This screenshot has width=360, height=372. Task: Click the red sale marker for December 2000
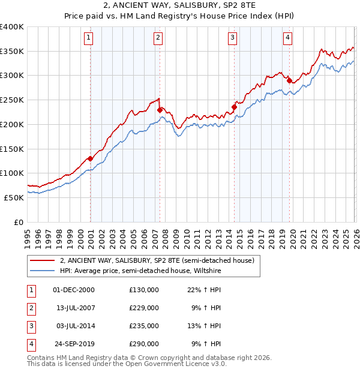pyautogui.click(x=91, y=158)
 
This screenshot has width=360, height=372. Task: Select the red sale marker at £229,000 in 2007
pyautogui.click(x=160, y=110)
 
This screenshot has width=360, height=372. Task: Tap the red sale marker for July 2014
pyautogui.click(x=234, y=107)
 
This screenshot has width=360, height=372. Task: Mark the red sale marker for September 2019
pyautogui.click(x=289, y=80)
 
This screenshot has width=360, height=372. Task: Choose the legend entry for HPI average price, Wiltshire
pyautogui.click(x=141, y=271)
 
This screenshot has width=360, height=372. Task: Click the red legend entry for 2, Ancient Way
pyautogui.click(x=157, y=260)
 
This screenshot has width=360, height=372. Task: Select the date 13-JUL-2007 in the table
pyautogui.click(x=74, y=308)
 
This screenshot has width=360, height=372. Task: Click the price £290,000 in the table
pyautogui.click(x=143, y=344)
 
